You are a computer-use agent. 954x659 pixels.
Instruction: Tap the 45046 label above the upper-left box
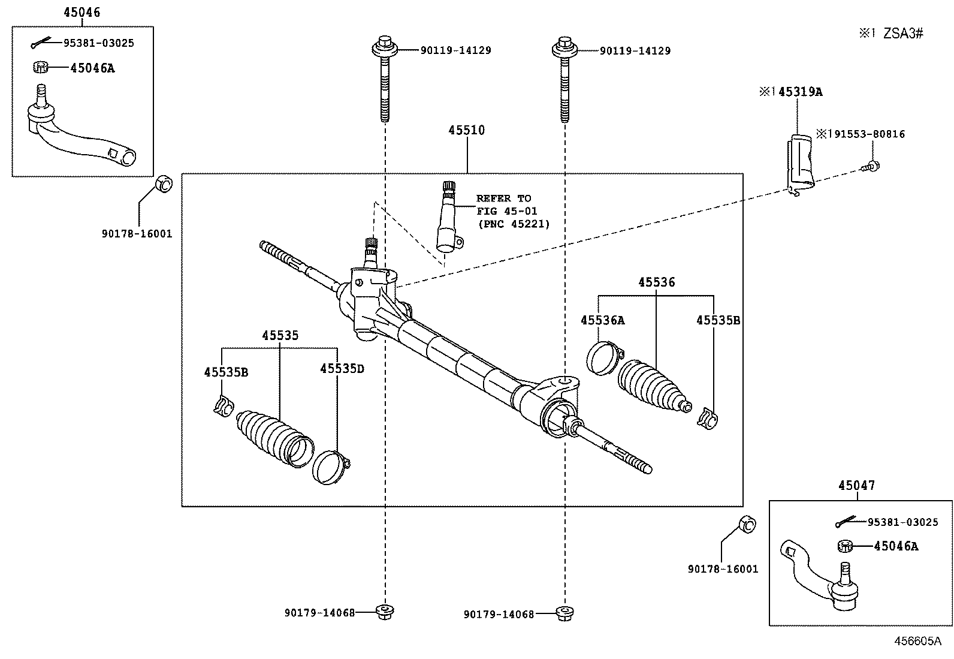point(81,12)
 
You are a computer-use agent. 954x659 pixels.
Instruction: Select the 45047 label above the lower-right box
point(856,485)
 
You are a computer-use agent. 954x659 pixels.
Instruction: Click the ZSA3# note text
point(903,34)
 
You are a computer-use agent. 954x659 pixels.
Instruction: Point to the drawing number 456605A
point(918,640)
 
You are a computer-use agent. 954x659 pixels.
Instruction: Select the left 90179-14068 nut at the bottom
point(384,612)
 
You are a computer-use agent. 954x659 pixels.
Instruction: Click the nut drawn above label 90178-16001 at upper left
point(164,183)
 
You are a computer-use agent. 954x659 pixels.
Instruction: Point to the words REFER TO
point(503,198)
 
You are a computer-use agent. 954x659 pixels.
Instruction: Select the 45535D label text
point(342,368)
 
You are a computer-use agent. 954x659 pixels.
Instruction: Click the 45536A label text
point(602,320)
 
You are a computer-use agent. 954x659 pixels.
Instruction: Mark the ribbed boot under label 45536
point(653,386)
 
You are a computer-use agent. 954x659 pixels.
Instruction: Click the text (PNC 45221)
point(514,224)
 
